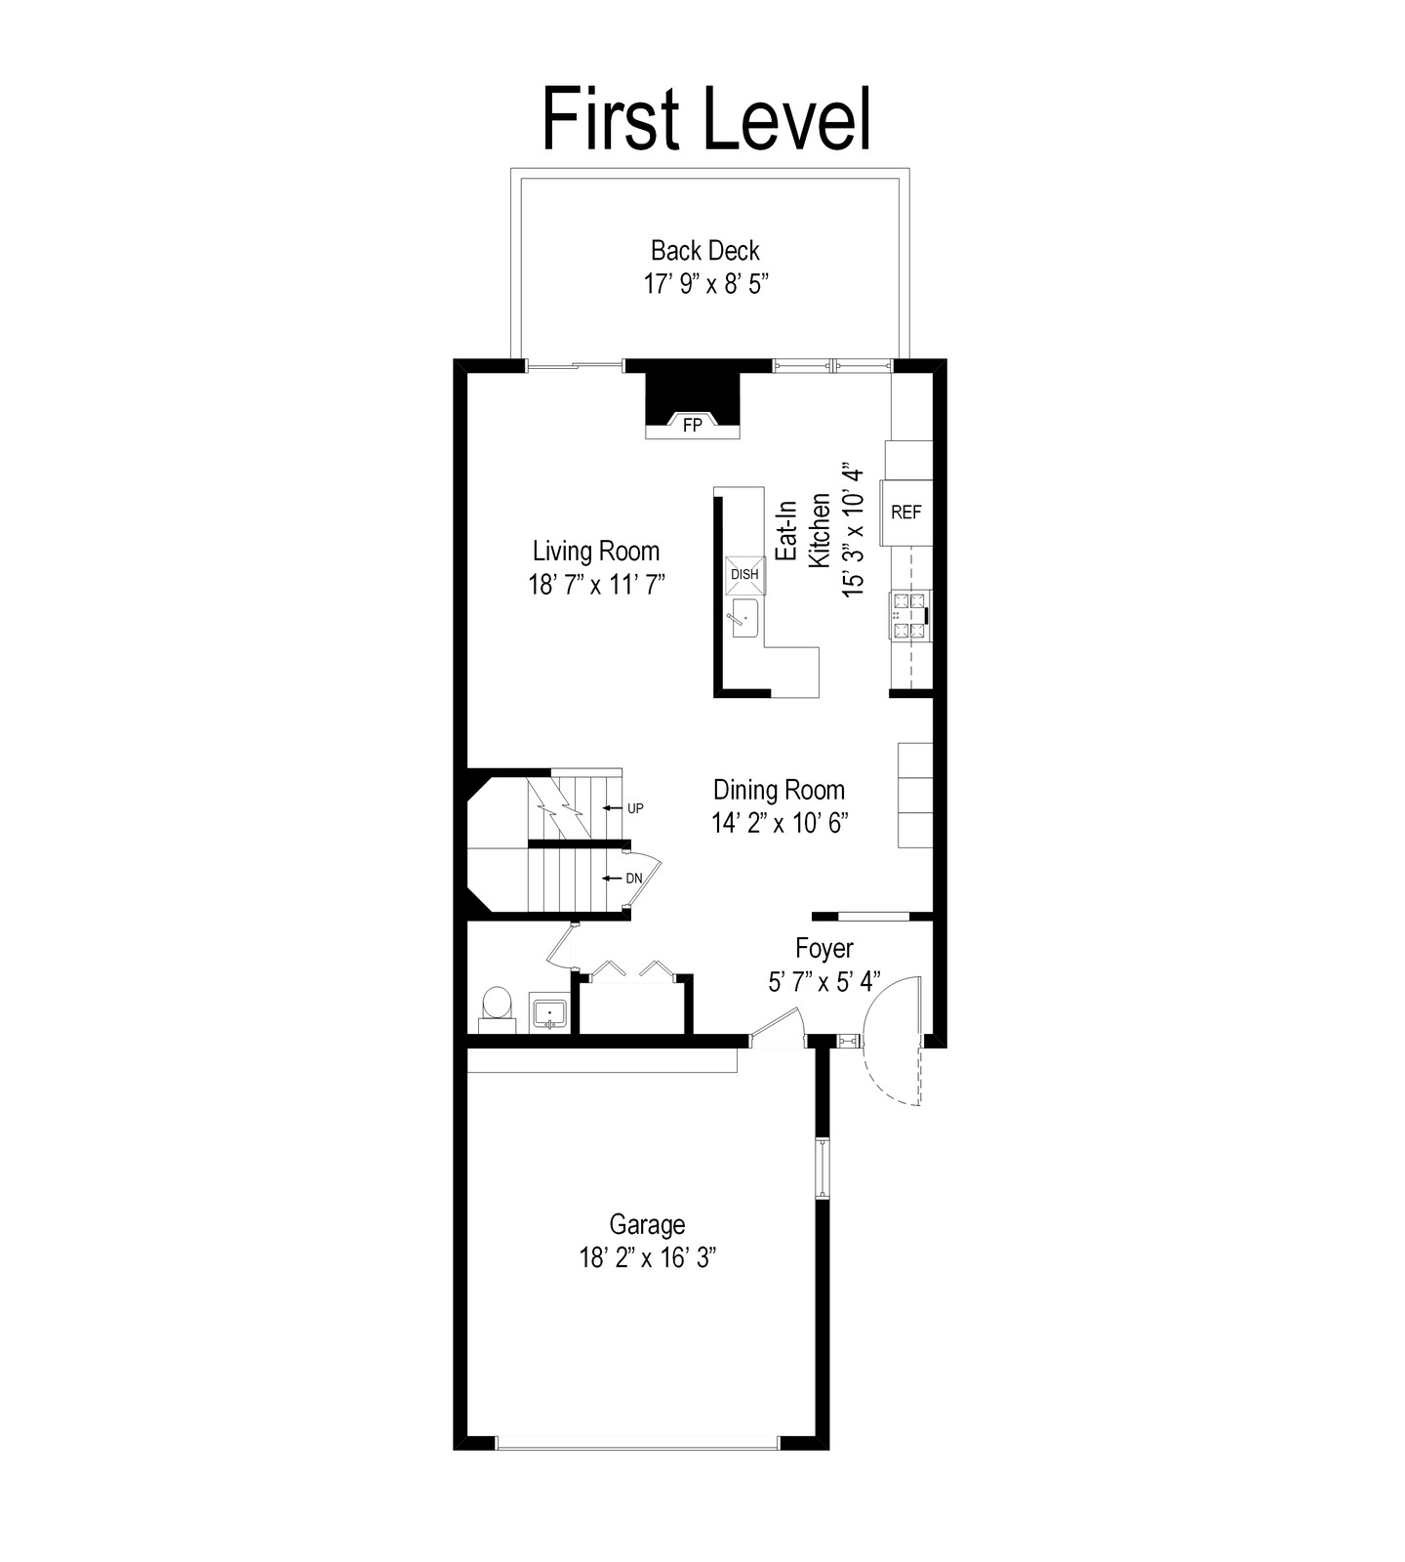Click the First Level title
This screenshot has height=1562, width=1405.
click(705, 118)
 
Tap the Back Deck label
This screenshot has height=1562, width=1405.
click(705, 251)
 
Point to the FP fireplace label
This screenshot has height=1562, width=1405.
click(692, 426)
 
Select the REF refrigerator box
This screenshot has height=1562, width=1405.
click(907, 513)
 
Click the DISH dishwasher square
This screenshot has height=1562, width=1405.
click(744, 575)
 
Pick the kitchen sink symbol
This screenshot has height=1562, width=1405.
click(745, 619)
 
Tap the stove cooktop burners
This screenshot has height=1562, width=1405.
click(910, 616)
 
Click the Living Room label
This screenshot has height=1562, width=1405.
click(596, 552)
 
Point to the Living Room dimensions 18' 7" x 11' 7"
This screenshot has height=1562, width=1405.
click(596, 585)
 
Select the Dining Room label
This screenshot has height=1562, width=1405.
click(779, 790)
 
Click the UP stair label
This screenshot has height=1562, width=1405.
click(635, 808)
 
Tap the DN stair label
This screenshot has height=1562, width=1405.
click(634, 879)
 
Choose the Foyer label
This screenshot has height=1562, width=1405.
click(824, 948)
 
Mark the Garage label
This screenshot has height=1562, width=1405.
click(647, 1224)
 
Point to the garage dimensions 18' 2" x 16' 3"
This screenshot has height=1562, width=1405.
click(647, 1257)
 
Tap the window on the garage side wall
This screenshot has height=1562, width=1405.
click(823, 1169)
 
